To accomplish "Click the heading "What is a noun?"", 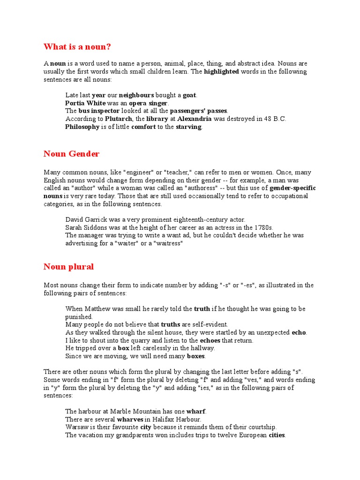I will click(x=77, y=47).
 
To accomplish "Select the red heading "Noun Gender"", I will click(x=71, y=154).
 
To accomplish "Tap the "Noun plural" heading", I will click(x=68, y=267).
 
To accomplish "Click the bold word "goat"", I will click(x=189, y=95).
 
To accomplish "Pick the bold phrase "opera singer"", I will click(x=148, y=103).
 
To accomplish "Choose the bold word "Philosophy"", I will click(x=82, y=127).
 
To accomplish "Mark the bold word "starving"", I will click(x=189, y=127).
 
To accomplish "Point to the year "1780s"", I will click(x=263, y=227).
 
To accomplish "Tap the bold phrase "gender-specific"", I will click(x=292, y=188).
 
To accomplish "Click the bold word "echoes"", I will click(x=210, y=340).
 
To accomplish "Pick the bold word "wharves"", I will click(x=130, y=419).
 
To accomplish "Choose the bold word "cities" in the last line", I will click(x=277, y=435).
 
